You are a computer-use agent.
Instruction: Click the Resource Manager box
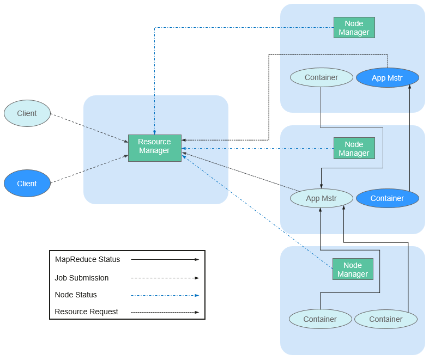click(x=155, y=148)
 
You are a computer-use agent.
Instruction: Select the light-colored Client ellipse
click(x=27, y=113)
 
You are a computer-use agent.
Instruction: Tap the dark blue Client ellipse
click(x=27, y=183)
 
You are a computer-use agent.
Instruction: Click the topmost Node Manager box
click(x=354, y=28)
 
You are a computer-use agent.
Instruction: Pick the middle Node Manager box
click(x=354, y=148)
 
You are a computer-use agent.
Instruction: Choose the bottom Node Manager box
click(x=353, y=269)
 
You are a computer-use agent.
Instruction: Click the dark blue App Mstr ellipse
click(x=388, y=78)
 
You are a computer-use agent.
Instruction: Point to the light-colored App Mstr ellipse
click(x=322, y=198)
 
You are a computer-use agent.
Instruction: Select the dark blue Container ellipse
click(x=388, y=198)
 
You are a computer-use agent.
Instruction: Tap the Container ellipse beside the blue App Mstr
click(x=322, y=77)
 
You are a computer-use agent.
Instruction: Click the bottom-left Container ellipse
click(x=321, y=319)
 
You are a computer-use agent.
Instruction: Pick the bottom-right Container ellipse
click(x=386, y=319)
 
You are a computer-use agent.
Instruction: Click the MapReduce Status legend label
click(x=88, y=259)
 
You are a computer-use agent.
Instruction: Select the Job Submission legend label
click(x=82, y=278)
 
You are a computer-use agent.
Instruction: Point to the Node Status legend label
click(x=76, y=295)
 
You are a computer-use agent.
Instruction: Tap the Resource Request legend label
click(x=86, y=312)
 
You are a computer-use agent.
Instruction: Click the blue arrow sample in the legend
click(x=165, y=295)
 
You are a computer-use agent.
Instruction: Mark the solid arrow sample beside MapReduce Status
click(x=165, y=259)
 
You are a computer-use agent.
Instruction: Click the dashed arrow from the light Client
click(x=89, y=128)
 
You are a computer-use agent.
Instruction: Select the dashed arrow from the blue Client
click(x=89, y=169)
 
